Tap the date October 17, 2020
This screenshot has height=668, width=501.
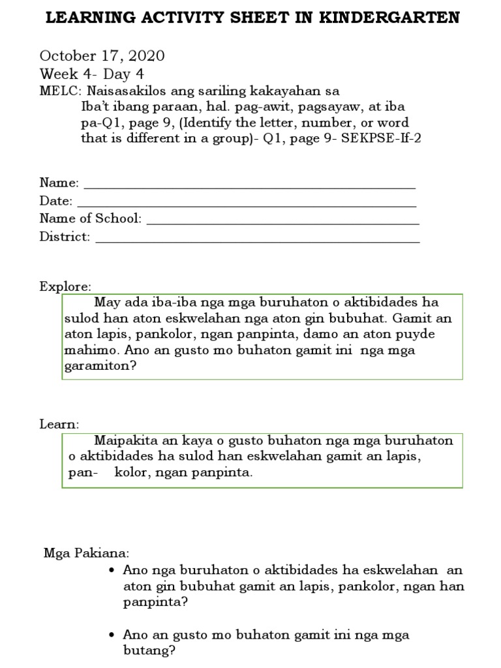[102, 56]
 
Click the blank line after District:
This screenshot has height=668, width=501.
[257, 239]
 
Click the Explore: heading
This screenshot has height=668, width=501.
[65, 286]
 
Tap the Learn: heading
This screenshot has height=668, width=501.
[59, 424]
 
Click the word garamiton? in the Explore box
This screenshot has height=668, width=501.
[100, 366]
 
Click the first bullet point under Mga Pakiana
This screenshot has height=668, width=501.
[114, 570]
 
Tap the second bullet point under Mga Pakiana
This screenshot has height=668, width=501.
[114, 635]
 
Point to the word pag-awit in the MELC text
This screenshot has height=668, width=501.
[247, 106]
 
